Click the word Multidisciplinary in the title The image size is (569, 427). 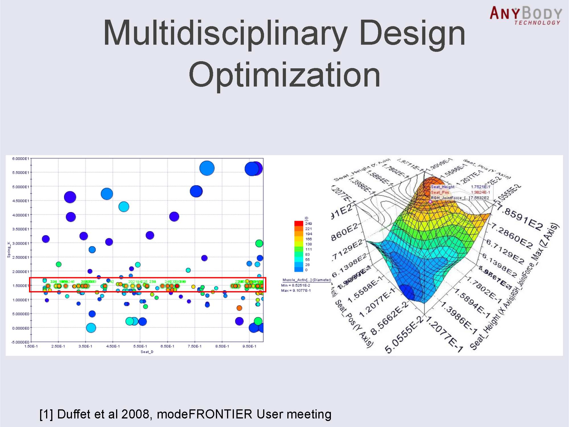pyautogui.click(x=225, y=33)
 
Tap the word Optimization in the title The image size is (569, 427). pyautogui.click(x=284, y=75)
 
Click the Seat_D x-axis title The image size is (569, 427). pyautogui.click(x=147, y=352)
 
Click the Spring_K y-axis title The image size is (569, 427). pyautogui.click(x=9, y=250)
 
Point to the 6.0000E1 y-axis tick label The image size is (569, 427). pyautogui.click(x=20, y=159)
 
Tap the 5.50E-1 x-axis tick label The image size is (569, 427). pyautogui.click(x=140, y=346)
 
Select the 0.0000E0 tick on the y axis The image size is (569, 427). pyautogui.click(x=20, y=328)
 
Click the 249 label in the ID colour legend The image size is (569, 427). pyautogui.click(x=308, y=224)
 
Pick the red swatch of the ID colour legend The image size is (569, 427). pyautogui.click(x=298, y=223)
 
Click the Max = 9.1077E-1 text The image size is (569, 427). pyautogui.click(x=296, y=291)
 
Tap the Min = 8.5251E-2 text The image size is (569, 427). pyautogui.click(x=296, y=285)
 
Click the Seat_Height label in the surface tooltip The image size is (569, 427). pyautogui.click(x=443, y=187)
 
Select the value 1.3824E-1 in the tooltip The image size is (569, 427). pyautogui.click(x=481, y=192)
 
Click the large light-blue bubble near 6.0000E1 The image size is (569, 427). pyautogui.click(x=207, y=168)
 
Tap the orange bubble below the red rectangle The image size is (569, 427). pyautogui.click(x=239, y=308)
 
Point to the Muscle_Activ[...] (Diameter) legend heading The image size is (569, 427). pyautogui.click(x=306, y=280)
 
